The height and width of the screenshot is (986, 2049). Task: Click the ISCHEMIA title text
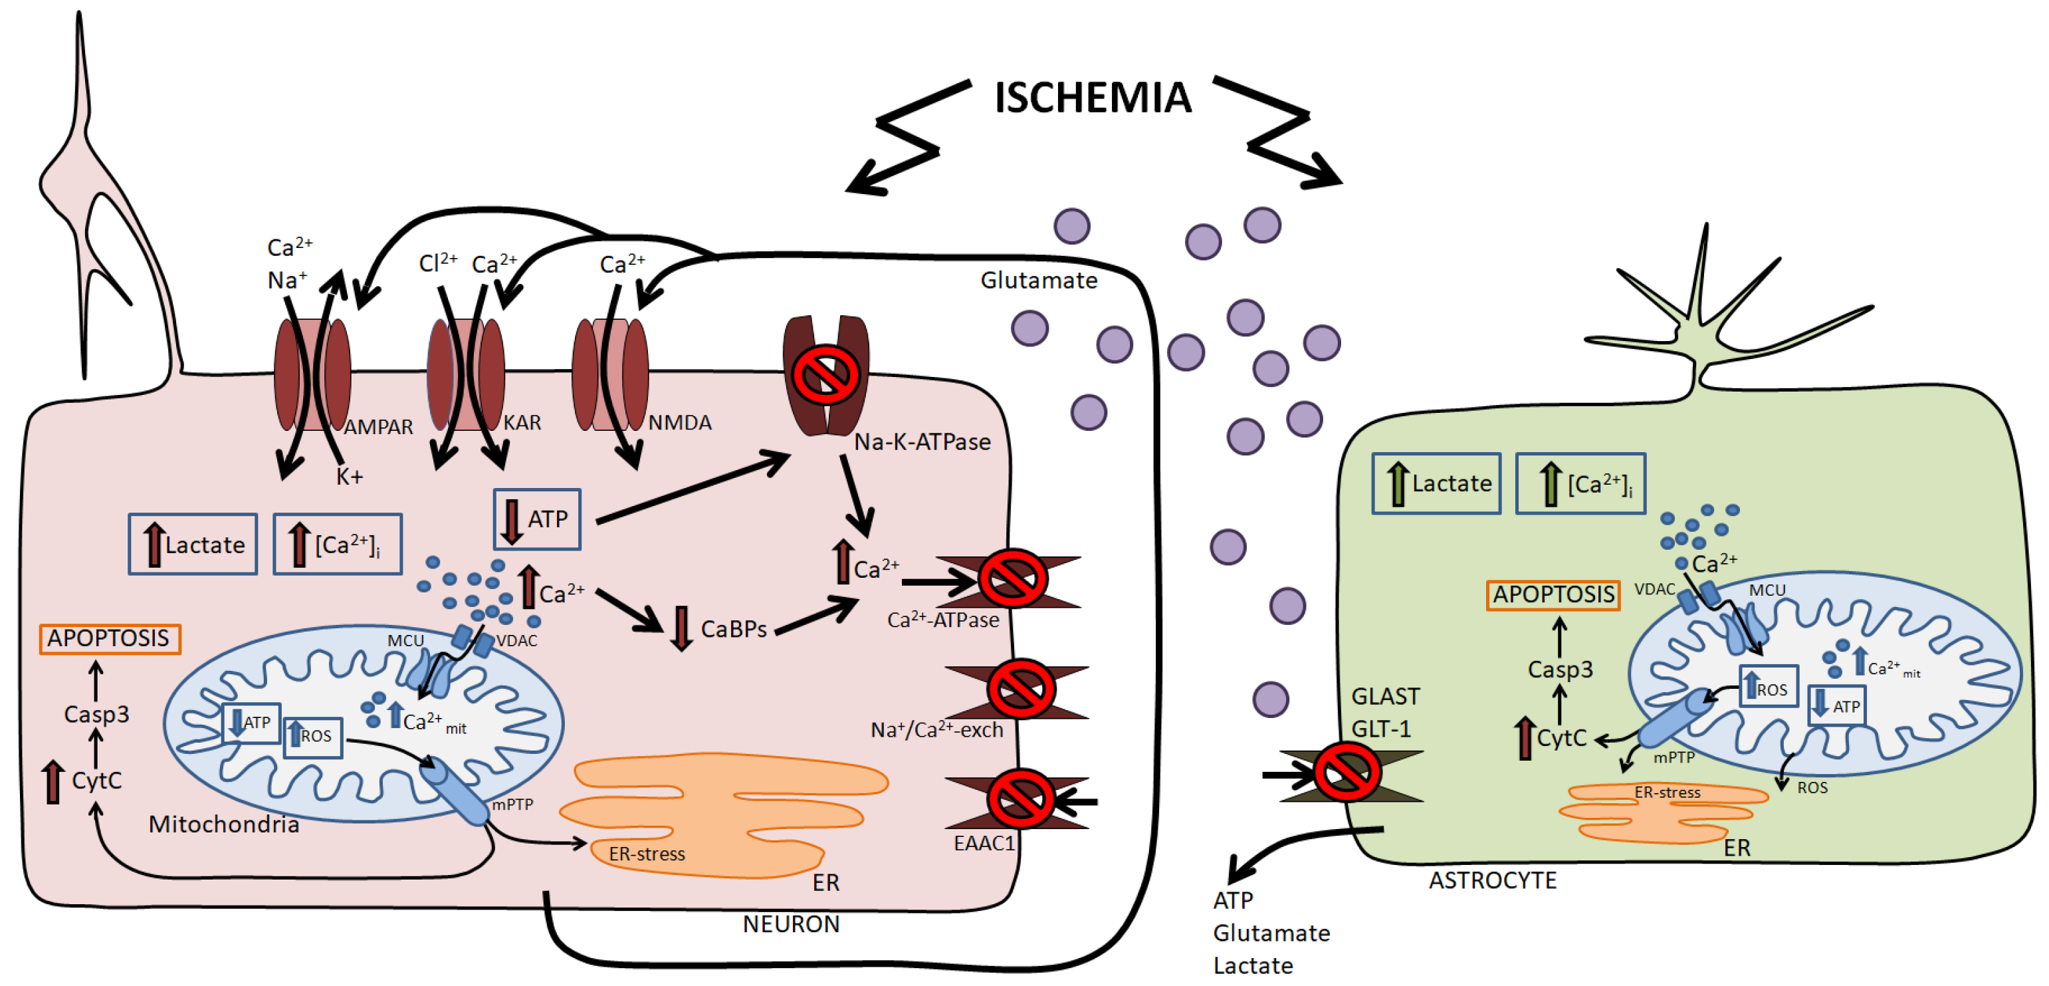click(x=1092, y=98)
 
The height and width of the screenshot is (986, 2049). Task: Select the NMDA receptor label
click(x=679, y=423)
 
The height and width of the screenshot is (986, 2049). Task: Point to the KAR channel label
click(x=522, y=423)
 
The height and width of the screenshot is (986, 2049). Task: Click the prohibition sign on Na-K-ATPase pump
click(x=825, y=374)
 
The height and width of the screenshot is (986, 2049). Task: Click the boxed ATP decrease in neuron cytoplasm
click(x=537, y=519)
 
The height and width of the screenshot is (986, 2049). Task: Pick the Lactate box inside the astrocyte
click(x=1436, y=483)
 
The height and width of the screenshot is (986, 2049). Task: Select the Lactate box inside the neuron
click(x=193, y=545)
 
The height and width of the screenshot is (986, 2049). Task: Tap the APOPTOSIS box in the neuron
click(x=110, y=638)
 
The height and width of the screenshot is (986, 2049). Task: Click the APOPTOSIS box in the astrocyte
click(x=1553, y=594)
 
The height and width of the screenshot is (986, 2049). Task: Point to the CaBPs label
click(x=732, y=630)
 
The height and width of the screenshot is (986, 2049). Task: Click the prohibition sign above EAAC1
click(x=1021, y=799)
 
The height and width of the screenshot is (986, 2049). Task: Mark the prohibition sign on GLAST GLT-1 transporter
click(x=1346, y=772)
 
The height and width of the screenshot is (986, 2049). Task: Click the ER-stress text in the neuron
click(x=646, y=854)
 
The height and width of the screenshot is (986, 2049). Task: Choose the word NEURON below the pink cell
click(x=791, y=924)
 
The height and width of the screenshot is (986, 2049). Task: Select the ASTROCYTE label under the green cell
click(x=1492, y=880)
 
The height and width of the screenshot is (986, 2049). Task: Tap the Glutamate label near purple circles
click(x=1038, y=280)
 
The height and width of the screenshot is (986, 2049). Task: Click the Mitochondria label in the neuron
click(x=223, y=824)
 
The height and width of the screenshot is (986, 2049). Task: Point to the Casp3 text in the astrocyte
click(x=1560, y=670)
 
